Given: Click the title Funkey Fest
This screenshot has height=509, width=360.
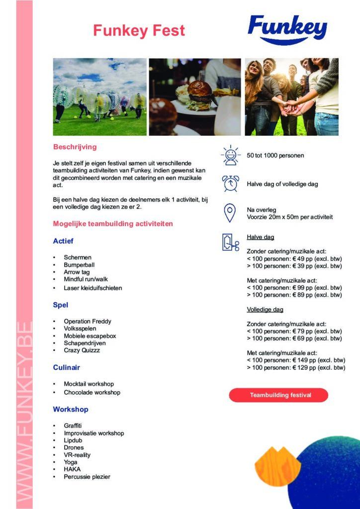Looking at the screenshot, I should click(x=139, y=31).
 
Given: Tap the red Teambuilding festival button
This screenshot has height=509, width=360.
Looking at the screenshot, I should click(x=278, y=395).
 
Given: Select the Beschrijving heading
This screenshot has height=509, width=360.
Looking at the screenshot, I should click(x=75, y=147).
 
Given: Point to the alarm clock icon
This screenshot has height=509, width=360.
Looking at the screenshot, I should click(x=230, y=183).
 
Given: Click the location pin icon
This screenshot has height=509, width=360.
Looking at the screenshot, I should click(x=229, y=213).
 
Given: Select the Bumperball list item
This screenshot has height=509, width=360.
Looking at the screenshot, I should click(x=79, y=265).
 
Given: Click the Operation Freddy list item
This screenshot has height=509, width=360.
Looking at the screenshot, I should click(x=87, y=322).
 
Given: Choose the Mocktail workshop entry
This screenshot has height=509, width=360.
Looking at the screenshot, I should click(x=89, y=384).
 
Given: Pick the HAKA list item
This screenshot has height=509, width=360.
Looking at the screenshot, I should click(x=72, y=469).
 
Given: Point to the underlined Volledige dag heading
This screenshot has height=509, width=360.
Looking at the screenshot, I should click(x=265, y=310).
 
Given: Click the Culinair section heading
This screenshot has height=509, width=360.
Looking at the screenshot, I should click(x=67, y=368).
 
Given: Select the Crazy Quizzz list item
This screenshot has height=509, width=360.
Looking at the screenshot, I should click(x=82, y=350).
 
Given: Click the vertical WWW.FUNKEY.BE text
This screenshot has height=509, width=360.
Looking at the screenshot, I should click(x=24, y=413).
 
